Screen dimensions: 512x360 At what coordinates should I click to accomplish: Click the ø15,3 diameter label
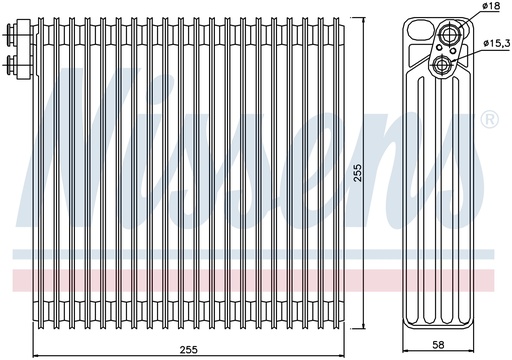coord(497,43)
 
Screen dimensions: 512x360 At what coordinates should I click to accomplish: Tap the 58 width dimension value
coord(438,345)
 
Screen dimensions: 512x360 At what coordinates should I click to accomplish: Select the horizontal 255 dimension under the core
coord(189,350)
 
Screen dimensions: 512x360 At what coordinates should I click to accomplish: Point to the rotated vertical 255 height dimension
coord(357,172)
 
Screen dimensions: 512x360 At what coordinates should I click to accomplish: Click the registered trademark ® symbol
coord(489,119)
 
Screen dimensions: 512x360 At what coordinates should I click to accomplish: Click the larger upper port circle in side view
coord(451,33)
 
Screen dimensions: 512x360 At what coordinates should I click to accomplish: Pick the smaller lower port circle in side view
coord(442,64)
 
